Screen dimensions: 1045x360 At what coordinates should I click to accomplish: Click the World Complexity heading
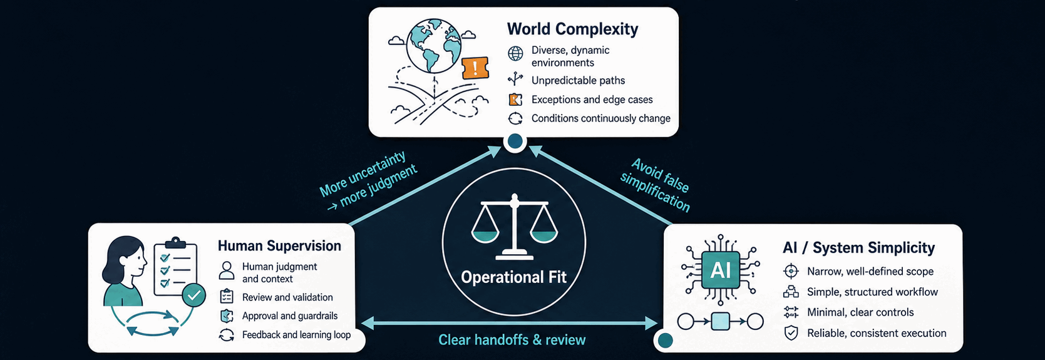[x=572, y=29]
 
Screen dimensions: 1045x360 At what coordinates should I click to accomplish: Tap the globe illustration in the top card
[x=433, y=46]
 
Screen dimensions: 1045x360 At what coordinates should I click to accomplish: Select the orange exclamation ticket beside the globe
[x=475, y=68]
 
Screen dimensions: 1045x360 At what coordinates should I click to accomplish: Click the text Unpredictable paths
[x=578, y=80]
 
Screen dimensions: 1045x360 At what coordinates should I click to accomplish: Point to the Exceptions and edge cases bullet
[x=592, y=100]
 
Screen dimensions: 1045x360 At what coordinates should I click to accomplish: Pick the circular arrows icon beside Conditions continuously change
[x=515, y=118]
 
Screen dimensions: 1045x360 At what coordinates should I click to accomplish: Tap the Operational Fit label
[x=513, y=277]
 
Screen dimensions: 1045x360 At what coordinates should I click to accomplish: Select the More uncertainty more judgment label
[x=368, y=180]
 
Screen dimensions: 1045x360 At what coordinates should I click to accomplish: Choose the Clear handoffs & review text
[x=512, y=339]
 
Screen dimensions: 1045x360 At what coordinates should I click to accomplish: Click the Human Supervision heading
[x=279, y=246]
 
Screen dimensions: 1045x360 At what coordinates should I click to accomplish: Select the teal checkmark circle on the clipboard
[x=193, y=295]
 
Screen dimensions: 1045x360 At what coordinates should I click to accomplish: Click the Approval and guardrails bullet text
[x=290, y=316]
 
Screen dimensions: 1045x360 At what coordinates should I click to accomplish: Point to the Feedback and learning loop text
[x=296, y=334]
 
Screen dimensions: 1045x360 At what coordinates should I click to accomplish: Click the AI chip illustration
[x=721, y=270]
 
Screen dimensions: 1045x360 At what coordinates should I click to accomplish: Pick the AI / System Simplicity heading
[x=858, y=247]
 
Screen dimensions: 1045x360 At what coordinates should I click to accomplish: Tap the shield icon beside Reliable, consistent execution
[x=791, y=333]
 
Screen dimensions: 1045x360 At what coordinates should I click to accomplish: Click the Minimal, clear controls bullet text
[x=860, y=312]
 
